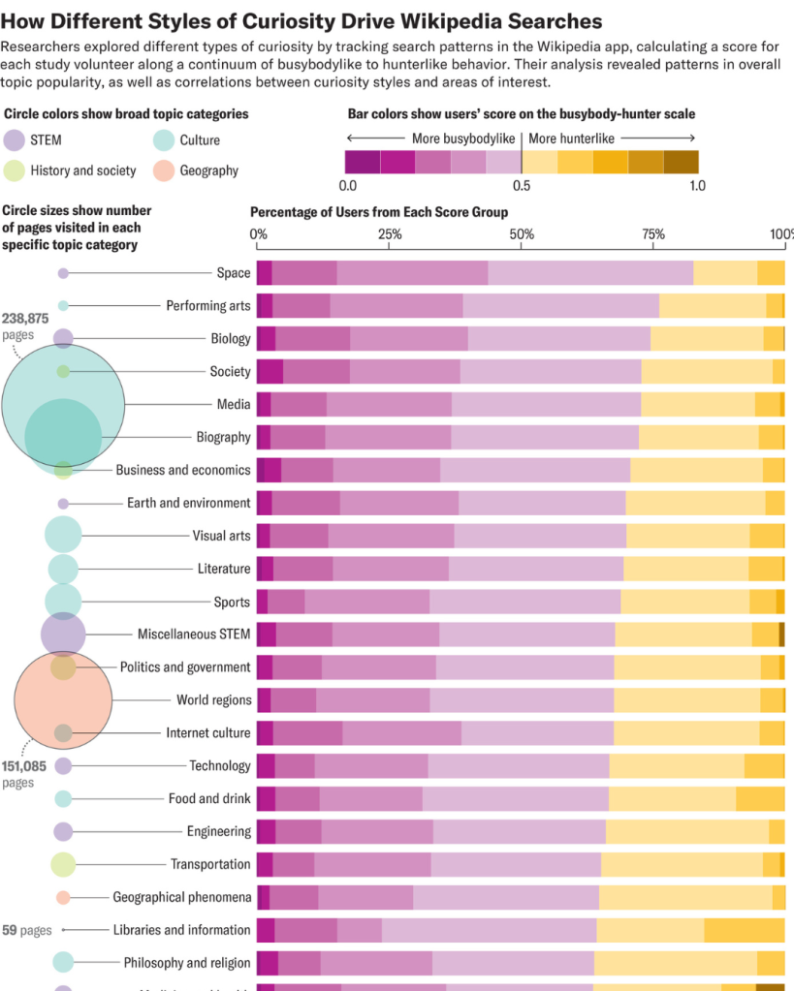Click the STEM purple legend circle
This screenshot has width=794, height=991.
pyautogui.click(x=15, y=140)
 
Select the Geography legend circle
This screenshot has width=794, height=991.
pyautogui.click(x=163, y=170)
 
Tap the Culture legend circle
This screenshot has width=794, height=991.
pyautogui.click(x=163, y=140)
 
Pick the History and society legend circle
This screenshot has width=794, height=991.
pyautogui.click(x=15, y=170)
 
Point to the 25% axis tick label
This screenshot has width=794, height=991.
pyautogui.click(x=390, y=234)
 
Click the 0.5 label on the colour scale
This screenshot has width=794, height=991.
pyautogui.click(x=522, y=185)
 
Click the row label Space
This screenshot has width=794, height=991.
pyautogui.click(x=234, y=273)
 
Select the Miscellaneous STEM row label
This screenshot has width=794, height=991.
pyautogui.click(x=194, y=635)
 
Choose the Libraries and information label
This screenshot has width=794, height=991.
pyautogui.click(x=182, y=930)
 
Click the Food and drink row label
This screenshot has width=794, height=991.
pyautogui.click(x=209, y=799)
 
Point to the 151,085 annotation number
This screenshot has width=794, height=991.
pyautogui.click(x=24, y=765)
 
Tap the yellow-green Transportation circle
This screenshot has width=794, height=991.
pyautogui.click(x=63, y=864)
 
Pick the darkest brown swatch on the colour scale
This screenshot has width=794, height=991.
pyautogui.click(x=681, y=162)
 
